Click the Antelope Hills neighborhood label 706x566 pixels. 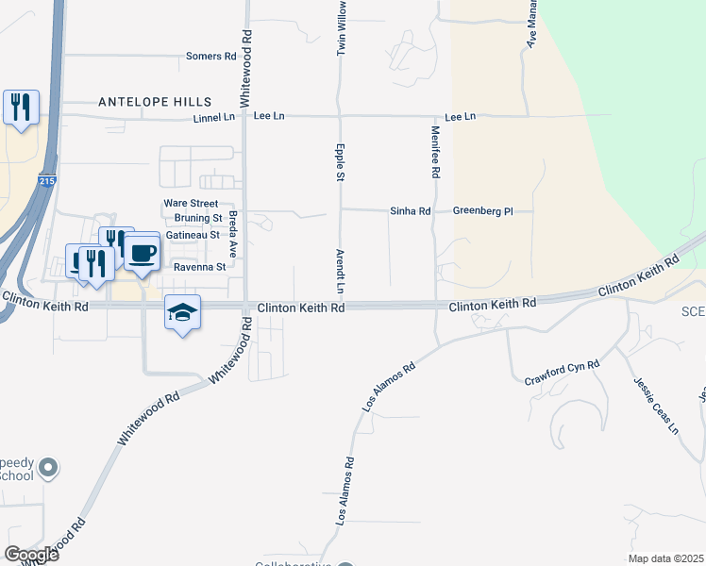[155, 101]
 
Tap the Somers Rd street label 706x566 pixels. [210, 57]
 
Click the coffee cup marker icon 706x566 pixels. [142, 253]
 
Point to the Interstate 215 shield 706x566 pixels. [48, 180]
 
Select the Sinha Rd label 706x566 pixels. [411, 211]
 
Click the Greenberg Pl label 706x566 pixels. [482, 211]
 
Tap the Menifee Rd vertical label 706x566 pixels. [436, 153]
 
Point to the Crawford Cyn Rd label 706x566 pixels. [563, 373]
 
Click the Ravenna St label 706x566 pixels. [200, 267]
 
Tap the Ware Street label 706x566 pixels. [191, 203]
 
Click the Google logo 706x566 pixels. [31, 555]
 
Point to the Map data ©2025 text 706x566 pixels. [666, 558]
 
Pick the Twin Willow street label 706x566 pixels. [342, 28]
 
